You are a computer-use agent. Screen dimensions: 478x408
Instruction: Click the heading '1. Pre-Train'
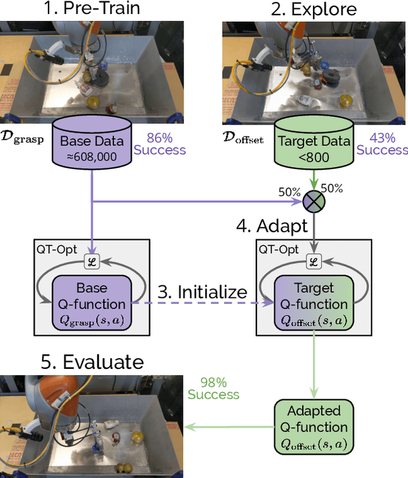(x=92, y=10)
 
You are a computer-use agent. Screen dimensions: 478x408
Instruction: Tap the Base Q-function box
(x=92, y=303)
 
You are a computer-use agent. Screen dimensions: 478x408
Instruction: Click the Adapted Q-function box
(x=314, y=427)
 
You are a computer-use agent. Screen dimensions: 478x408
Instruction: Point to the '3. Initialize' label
(x=203, y=292)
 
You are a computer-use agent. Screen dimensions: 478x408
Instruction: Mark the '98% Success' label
(x=214, y=388)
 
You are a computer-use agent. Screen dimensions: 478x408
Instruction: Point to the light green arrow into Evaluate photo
(x=229, y=428)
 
